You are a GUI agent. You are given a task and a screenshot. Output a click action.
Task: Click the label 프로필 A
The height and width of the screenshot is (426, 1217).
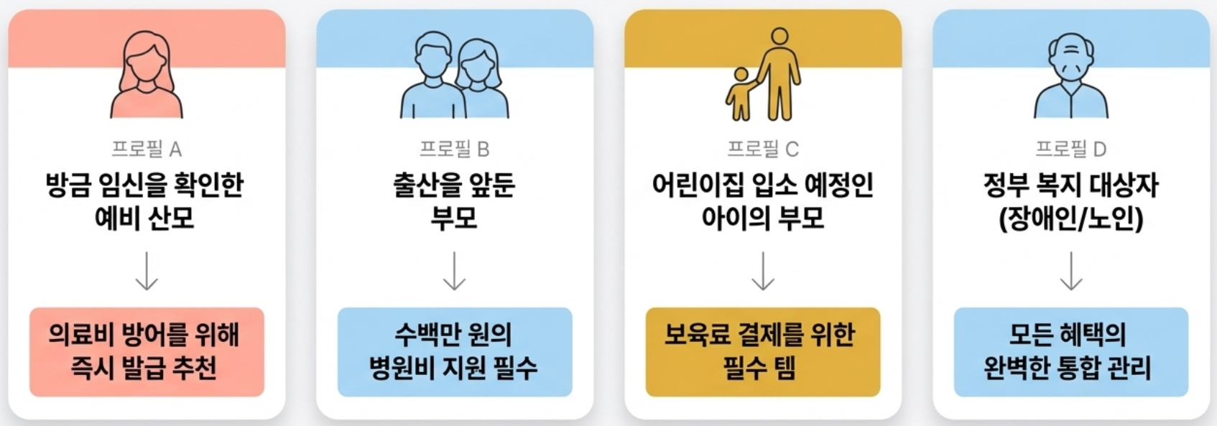pos(147,149)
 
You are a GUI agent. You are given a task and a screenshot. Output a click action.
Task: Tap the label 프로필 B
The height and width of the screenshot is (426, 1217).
pos(454,149)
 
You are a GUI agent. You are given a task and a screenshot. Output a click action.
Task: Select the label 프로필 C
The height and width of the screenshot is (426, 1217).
pos(763,149)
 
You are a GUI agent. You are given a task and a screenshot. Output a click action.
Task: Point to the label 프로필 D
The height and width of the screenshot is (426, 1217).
pos(1070,149)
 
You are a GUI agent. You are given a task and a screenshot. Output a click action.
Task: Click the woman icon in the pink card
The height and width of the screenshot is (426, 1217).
pos(147,75)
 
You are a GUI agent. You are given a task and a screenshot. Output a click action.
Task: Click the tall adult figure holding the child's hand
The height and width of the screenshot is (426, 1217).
pos(780,75)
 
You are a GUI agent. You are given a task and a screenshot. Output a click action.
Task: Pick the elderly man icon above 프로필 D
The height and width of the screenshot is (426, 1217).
pos(1070,75)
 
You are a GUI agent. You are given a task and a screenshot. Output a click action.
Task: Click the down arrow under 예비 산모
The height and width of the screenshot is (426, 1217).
pos(147,271)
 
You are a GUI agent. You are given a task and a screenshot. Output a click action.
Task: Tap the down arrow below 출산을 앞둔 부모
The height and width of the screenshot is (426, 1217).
pos(454,271)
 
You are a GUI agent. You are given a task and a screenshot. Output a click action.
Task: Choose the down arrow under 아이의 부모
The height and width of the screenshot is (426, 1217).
pos(763,271)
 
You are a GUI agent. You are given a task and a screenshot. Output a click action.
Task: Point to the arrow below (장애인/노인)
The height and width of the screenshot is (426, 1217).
pos(1070,271)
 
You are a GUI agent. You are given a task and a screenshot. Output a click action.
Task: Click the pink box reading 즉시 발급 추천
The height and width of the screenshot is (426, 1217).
pos(147,352)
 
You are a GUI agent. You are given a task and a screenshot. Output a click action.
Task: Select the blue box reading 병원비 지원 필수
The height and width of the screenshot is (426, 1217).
pos(454,352)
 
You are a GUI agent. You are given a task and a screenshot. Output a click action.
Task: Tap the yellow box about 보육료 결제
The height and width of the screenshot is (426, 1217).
pos(763,352)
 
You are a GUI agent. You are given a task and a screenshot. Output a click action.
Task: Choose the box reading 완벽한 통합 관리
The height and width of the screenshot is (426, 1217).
pos(1070,352)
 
